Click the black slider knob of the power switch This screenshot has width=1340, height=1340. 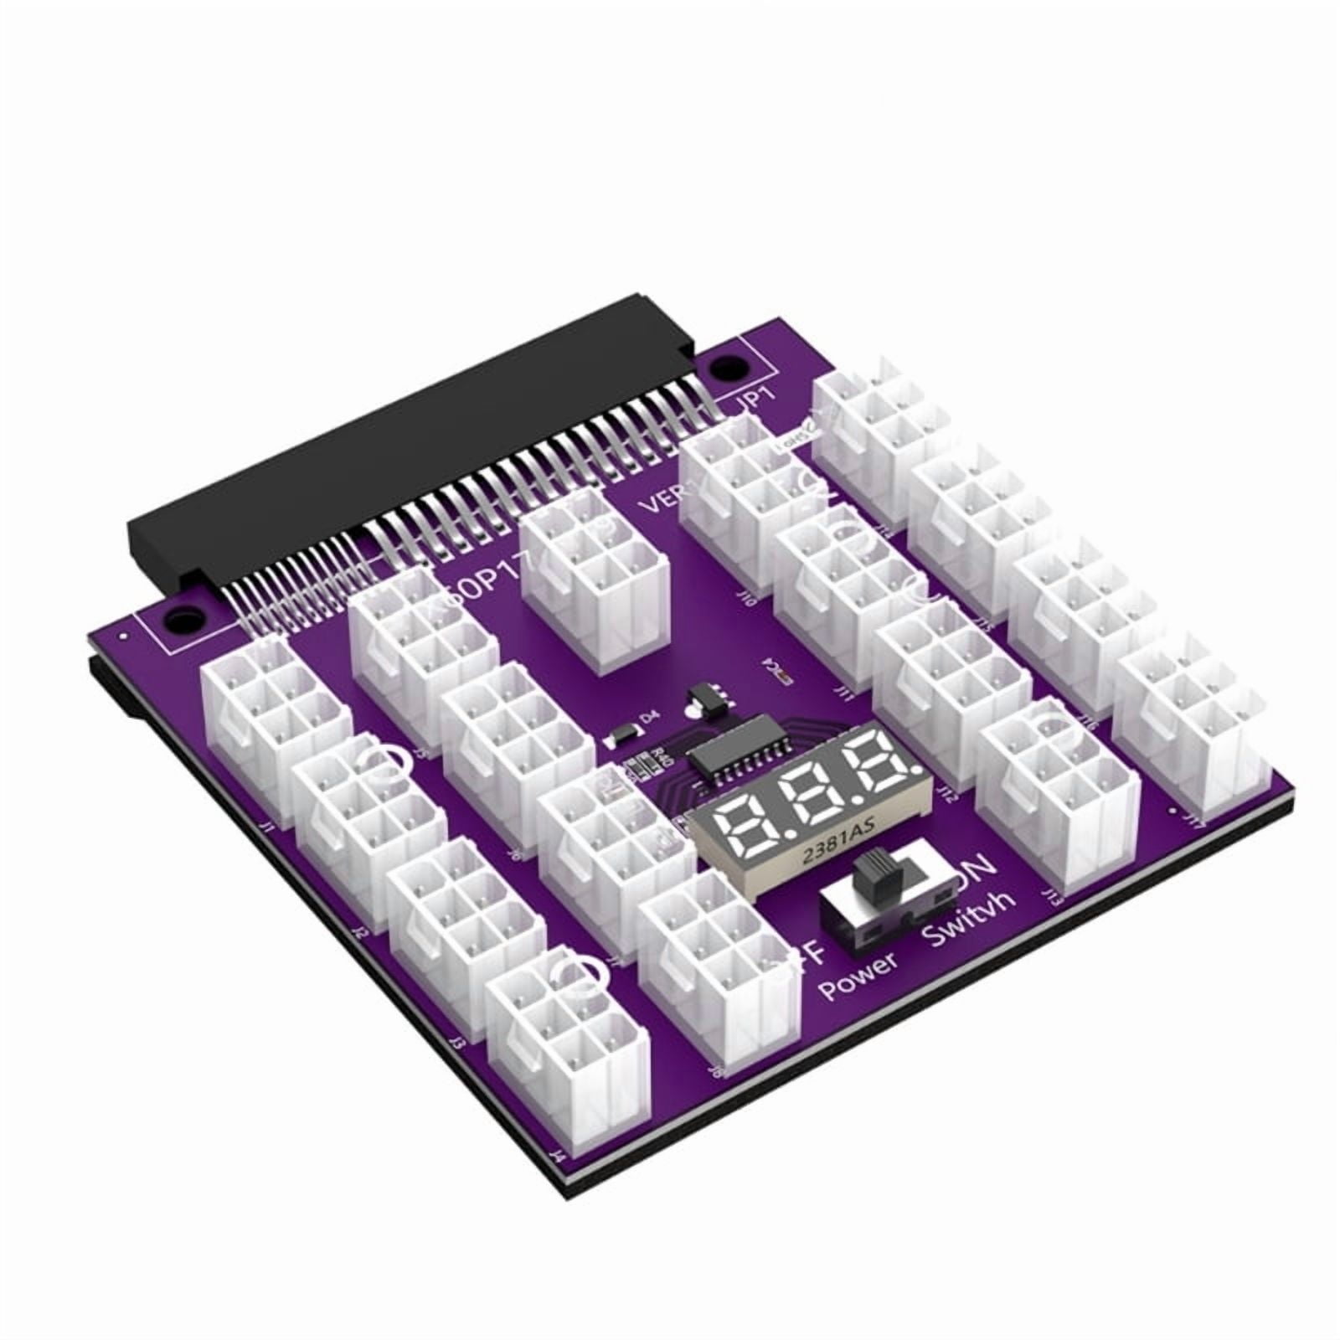874,877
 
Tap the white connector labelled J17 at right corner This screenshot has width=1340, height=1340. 1189,720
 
